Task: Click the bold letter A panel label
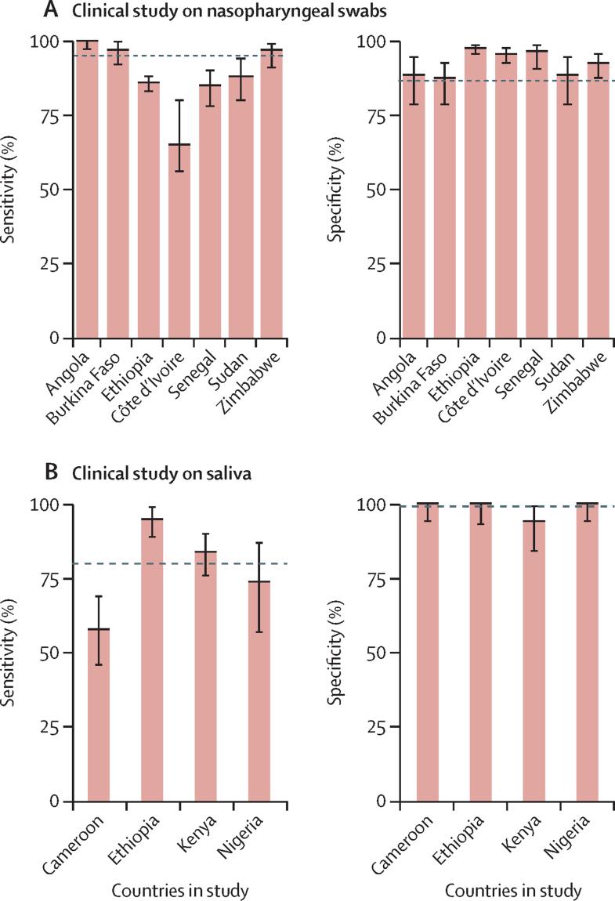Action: click(52, 12)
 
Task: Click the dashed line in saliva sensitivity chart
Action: click(180, 564)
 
